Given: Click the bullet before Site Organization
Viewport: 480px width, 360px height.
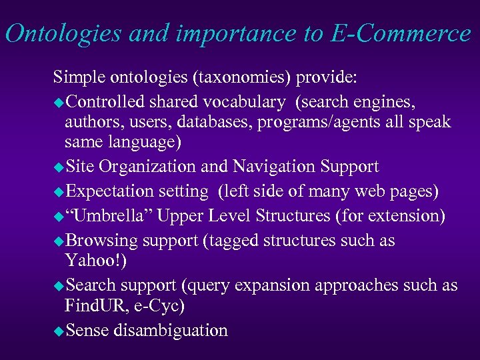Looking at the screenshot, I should point(58,167).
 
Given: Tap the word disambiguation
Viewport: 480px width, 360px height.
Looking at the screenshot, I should point(171,329).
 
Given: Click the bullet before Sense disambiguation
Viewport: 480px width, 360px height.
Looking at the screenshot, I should point(58,331).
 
